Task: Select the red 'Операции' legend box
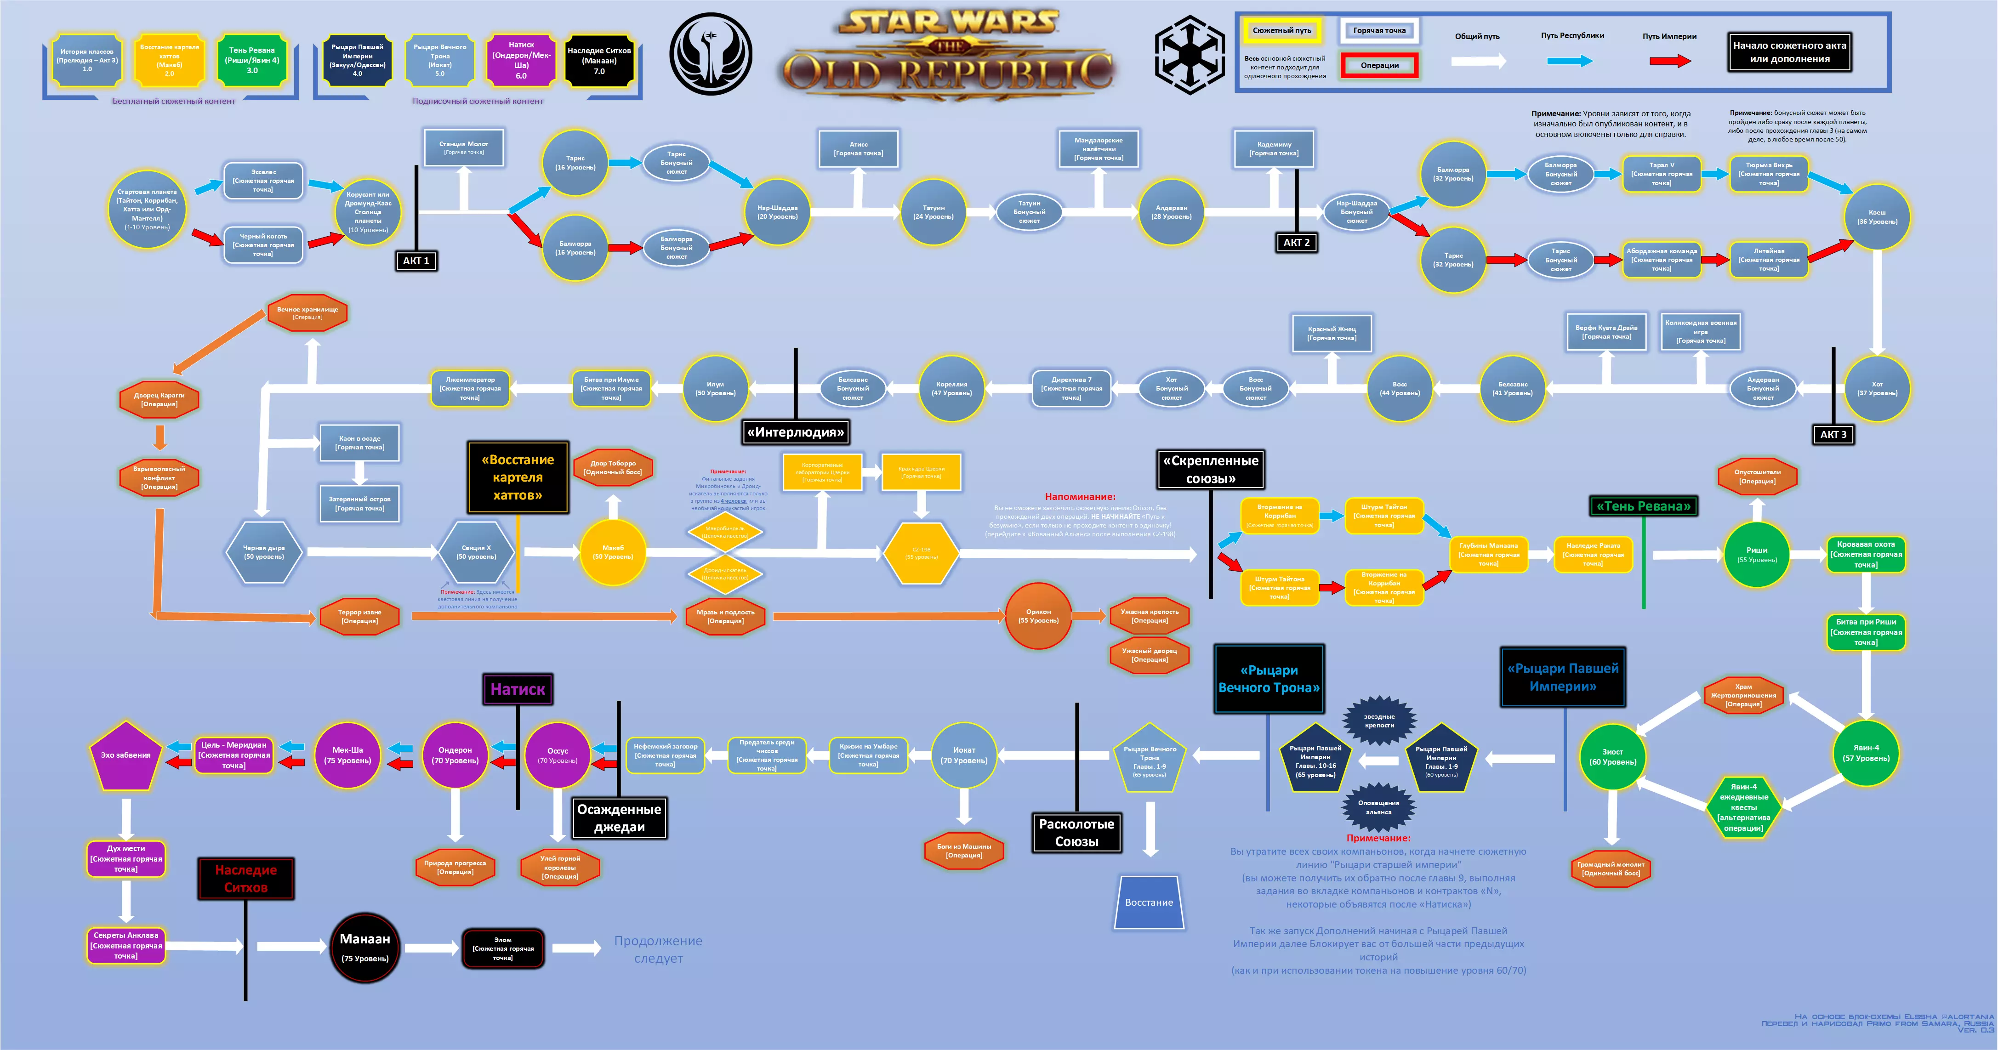pyautogui.click(x=1379, y=65)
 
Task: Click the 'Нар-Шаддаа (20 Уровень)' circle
pyautogui.click(x=777, y=212)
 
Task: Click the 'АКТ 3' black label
pyautogui.click(x=1833, y=434)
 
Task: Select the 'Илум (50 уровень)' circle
pyautogui.click(x=715, y=388)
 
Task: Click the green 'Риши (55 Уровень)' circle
pyautogui.click(x=1757, y=555)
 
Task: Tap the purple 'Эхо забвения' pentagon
pyautogui.click(x=125, y=756)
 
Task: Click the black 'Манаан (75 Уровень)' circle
pyautogui.click(x=364, y=948)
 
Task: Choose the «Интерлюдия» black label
pyautogui.click(x=795, y=432)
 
